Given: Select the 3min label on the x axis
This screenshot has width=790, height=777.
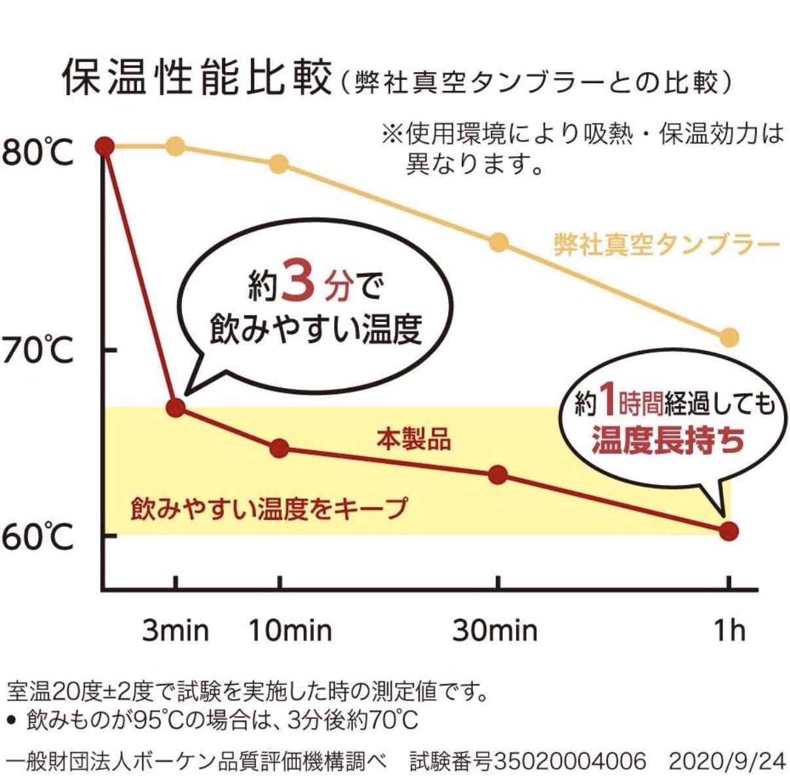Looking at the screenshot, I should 176,630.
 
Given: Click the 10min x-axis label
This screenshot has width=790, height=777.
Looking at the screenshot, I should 290,630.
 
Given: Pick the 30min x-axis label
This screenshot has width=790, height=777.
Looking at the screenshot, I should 495,630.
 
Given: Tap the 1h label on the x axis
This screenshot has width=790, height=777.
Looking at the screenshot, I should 729,630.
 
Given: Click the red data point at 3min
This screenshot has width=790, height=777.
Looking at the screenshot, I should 176,408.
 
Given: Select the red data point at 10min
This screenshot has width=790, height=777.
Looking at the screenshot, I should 280,448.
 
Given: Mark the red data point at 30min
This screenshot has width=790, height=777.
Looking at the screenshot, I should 498,475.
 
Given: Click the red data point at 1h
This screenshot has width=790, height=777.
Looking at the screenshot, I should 729,531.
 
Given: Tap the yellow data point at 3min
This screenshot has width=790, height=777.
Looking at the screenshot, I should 176,146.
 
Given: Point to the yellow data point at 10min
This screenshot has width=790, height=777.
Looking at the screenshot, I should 279,164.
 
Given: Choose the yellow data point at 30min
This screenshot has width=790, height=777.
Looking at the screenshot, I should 498,243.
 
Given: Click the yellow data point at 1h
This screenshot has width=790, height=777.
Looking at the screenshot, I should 729,338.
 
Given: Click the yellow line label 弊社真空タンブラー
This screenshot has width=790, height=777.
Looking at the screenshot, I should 667,245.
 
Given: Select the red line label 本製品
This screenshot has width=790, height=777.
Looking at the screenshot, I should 414,439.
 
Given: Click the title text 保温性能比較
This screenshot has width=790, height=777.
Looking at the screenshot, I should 197,79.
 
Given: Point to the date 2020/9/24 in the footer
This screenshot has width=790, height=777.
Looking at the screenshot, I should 726,761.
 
